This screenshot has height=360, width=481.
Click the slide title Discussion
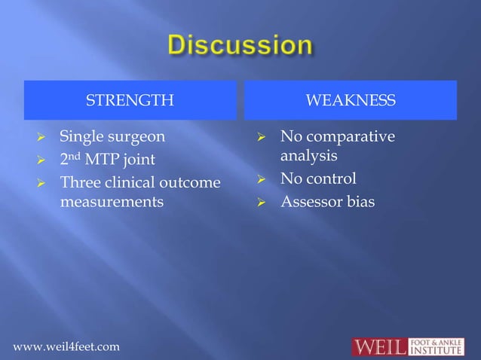tap(240, 45)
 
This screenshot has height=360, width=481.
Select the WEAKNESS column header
tap(350, 101)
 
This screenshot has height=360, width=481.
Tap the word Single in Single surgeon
tap(81, 137)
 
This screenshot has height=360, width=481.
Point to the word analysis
tap(308, 157)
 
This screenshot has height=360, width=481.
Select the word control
tap(329, 180)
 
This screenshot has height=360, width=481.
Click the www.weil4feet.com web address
tap(66, 346)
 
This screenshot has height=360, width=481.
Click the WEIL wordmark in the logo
tap(380, 346)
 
